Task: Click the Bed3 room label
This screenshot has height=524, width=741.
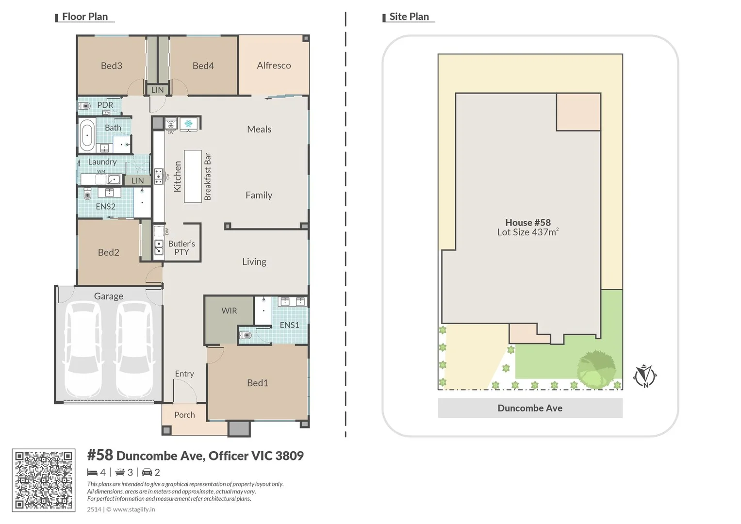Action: click(111, 66)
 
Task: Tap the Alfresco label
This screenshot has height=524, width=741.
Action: click(274, 65)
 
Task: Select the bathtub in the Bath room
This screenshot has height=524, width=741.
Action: click(87, 134)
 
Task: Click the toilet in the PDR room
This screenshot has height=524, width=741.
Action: click(85, 105)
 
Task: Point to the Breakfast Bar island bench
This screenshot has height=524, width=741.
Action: click(193, 176)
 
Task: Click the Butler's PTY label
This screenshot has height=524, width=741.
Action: click(181, 247)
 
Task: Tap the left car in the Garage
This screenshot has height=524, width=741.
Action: click(83, 349)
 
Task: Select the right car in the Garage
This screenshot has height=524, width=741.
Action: click(134, 349)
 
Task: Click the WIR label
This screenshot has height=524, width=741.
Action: click(229, 311)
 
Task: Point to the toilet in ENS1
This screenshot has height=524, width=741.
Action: click(247, 334)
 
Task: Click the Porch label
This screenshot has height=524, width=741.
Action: click(184, 415)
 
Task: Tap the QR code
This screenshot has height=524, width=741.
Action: click(44, 480)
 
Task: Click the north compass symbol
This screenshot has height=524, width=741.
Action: click(645, 376)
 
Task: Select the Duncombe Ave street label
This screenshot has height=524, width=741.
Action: click(530, 408)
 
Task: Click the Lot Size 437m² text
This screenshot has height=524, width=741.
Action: click(527, 232)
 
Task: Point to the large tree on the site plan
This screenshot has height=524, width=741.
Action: click(596, 369)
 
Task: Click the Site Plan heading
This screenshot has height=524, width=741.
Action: click(409, 16)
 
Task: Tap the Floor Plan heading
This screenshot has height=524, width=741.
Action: click(85, 16)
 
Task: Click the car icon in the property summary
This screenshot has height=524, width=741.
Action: click(147, 472)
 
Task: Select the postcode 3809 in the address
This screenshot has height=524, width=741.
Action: click(289, 456)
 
